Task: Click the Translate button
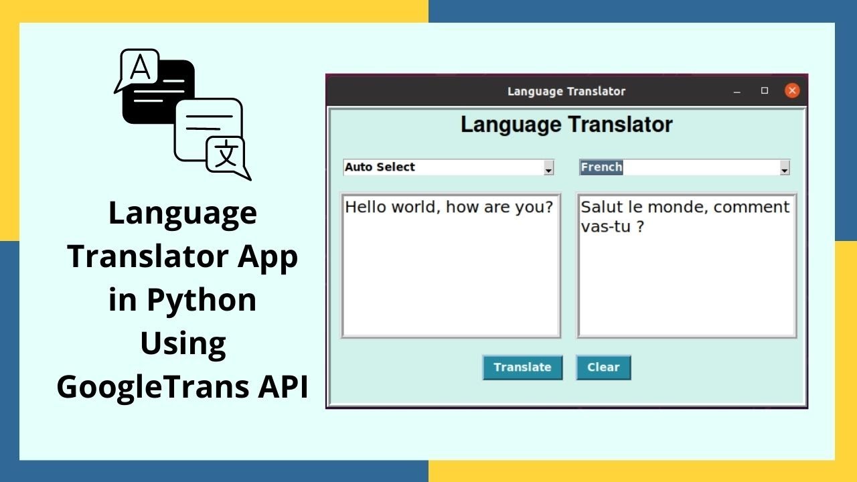pyautogui.click(x=522, y=367)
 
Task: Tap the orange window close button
pyautogui.click(x=792, y=91)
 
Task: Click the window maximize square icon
pyautogui.click(x=765, y=91)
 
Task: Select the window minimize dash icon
pyautogui.click(x=737, y=92)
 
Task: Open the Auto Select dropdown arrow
pyautogui.click(x=548, y=169)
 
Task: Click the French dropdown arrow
pyautogui.click(x=784, y=169)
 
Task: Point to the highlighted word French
pyautogui.click(x=601, y=167)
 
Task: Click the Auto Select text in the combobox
pyautogui.click(x=380, y=167)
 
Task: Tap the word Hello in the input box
pyautogui.click(x=366, y=207)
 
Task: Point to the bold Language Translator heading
pyautogui.click(x=566, y=125)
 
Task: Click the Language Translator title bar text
pyautogui.click(x=566, y=92)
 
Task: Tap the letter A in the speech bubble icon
pyautogui.click(x=140, y=68)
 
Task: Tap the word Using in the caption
pyautogui.click(x=182, y=343)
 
